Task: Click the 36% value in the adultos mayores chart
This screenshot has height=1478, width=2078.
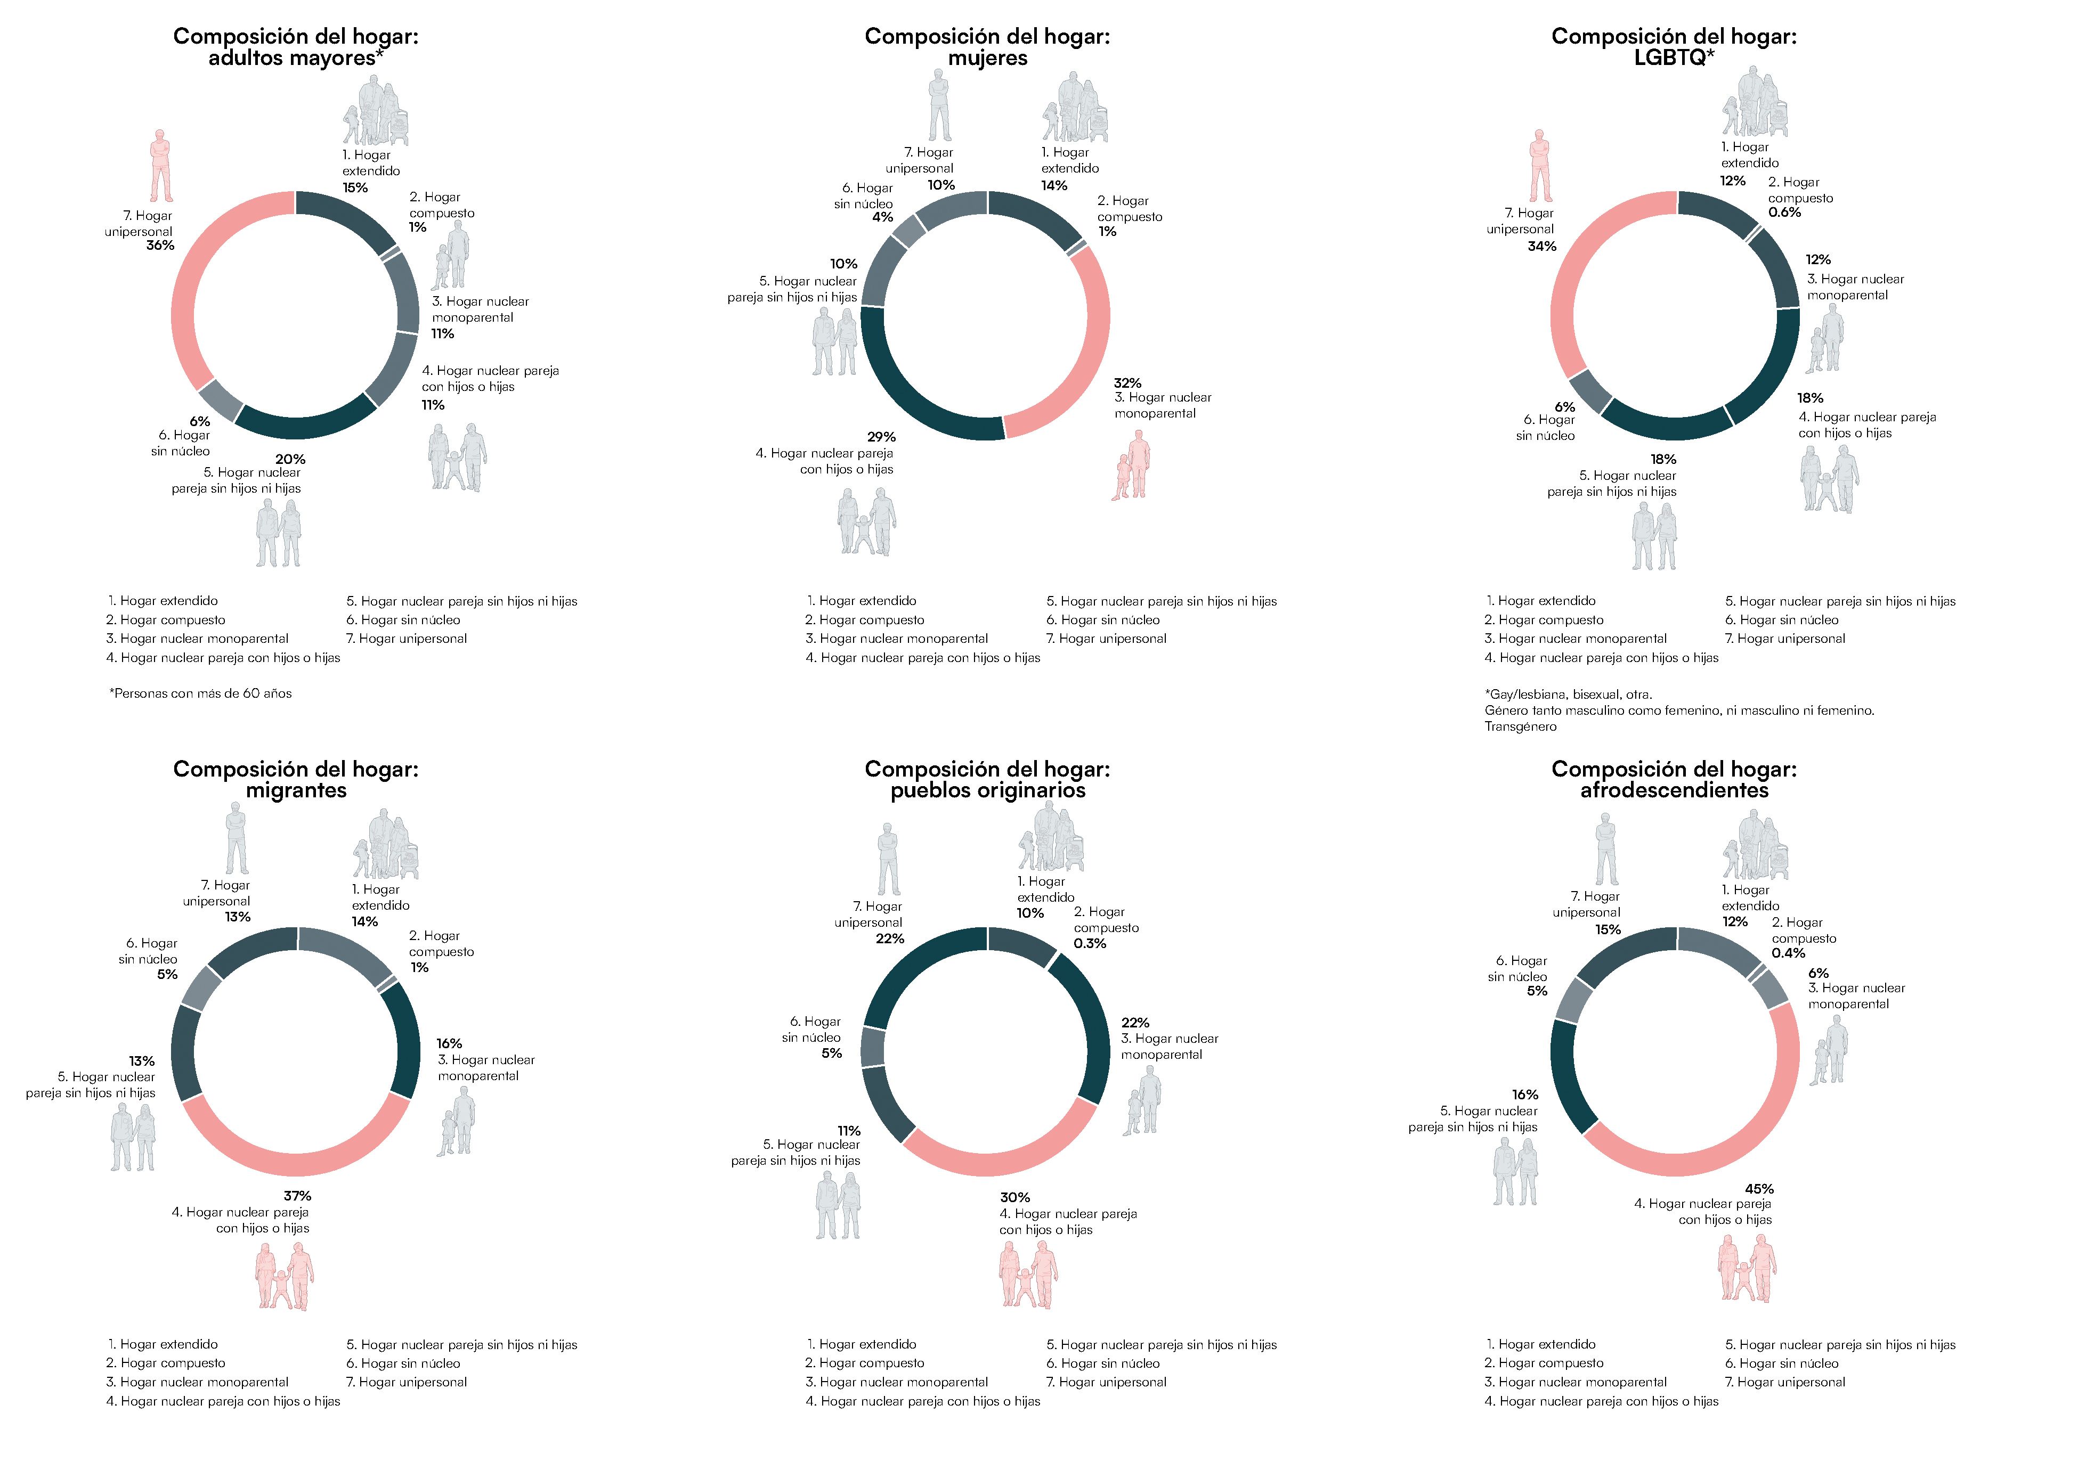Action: click(160, 246)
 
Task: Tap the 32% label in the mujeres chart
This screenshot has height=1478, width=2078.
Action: click(1127, 383)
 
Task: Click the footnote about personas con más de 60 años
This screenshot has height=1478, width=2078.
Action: click(200, 693)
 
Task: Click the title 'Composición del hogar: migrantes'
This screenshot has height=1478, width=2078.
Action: click(296, 780)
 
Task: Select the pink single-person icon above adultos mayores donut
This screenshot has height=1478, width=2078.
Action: click(161, 166)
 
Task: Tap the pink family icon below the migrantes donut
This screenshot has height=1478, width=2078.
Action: click(284, 1276)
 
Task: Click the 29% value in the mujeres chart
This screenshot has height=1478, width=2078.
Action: click(881, 437)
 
